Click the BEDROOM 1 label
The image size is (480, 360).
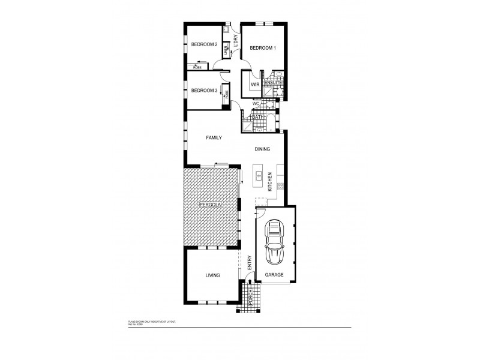[x=262, y=48]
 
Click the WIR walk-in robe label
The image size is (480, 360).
[x=254, y=85]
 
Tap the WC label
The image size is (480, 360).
[x=255, y=104]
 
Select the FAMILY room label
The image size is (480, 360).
[x=214, y=137]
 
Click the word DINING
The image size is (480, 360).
[x=262, y=149]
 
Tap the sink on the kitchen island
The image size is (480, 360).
[x=259, y=176]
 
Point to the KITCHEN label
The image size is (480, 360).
[x=271, y=182]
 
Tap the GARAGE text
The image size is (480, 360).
[x=274, y=275]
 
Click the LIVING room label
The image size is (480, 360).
[x=212, y=275]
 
